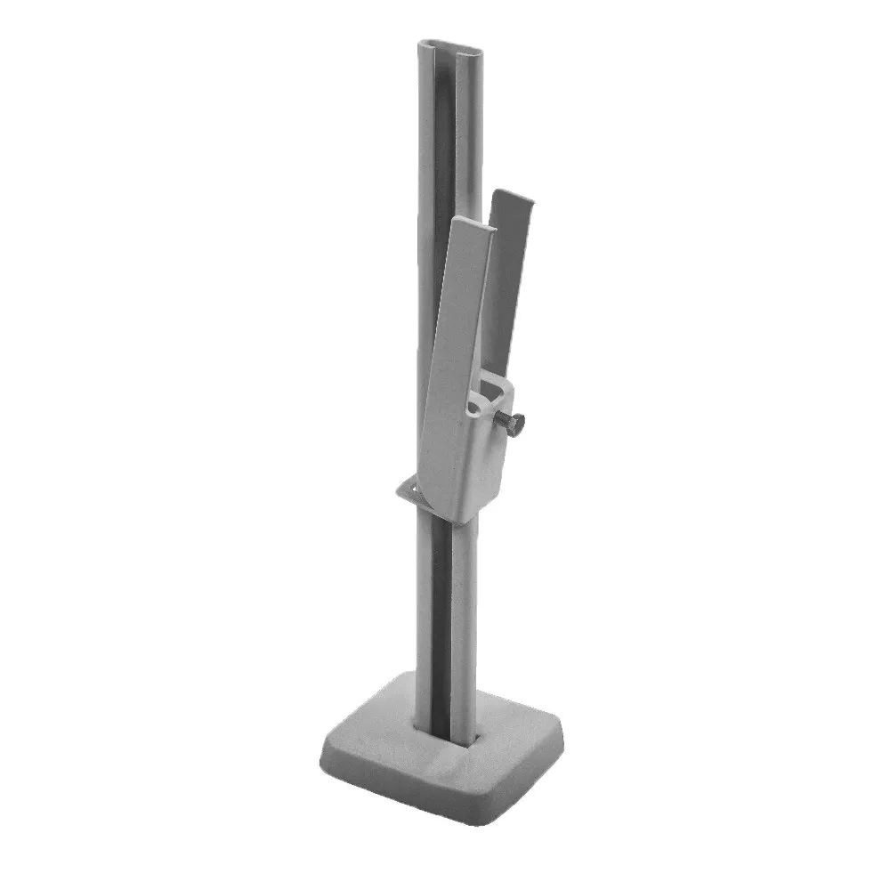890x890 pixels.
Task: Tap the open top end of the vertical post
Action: [x=447, y=45]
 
